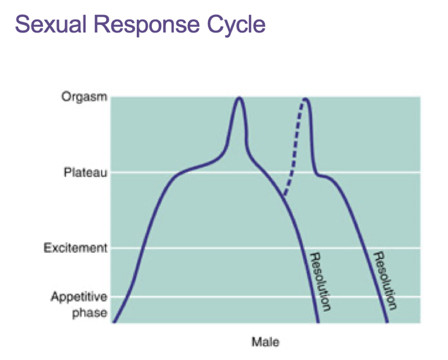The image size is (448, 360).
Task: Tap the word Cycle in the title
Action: coord(236,24)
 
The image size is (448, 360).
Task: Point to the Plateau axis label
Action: coord(86,173)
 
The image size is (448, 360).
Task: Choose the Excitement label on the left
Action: coord(76,248)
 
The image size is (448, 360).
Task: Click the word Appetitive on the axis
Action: coord(79,296)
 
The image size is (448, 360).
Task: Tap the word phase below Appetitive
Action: coord(90,312)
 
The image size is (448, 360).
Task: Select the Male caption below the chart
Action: coord(265,342)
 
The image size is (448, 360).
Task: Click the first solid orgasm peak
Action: coord(239,98)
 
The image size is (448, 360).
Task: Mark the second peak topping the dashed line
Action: coord(306,99)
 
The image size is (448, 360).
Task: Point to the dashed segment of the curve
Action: coord(294,153)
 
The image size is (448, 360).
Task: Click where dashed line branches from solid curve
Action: coord(284,195)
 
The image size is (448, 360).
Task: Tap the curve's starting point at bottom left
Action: coord(114,321)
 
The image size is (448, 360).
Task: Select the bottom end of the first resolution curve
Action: coord(318,321)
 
